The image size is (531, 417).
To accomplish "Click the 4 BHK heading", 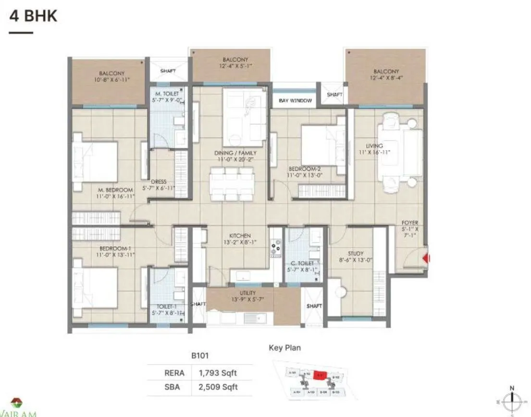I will tap(33, 15).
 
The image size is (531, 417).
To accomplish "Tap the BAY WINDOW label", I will tap(296, 101).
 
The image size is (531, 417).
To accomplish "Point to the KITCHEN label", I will tap(240, 236).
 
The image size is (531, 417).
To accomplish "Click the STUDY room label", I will tap(356, 253).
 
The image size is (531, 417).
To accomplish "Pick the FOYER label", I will tap(410, 223).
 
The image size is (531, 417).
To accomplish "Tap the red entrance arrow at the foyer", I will tap(425, 258).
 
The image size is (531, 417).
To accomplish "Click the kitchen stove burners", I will tap(276, 249).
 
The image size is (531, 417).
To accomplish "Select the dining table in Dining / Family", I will tap(232, 183).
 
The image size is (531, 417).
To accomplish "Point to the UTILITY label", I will tap(247, 293).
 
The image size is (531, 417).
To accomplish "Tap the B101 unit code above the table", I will tap(199, 356).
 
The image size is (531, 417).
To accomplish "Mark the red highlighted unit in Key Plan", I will tap(320, 374).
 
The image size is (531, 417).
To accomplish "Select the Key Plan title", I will tap(285, 348).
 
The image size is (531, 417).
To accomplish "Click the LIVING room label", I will tap(374, 146).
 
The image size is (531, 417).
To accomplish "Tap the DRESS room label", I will tap(159, 182).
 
